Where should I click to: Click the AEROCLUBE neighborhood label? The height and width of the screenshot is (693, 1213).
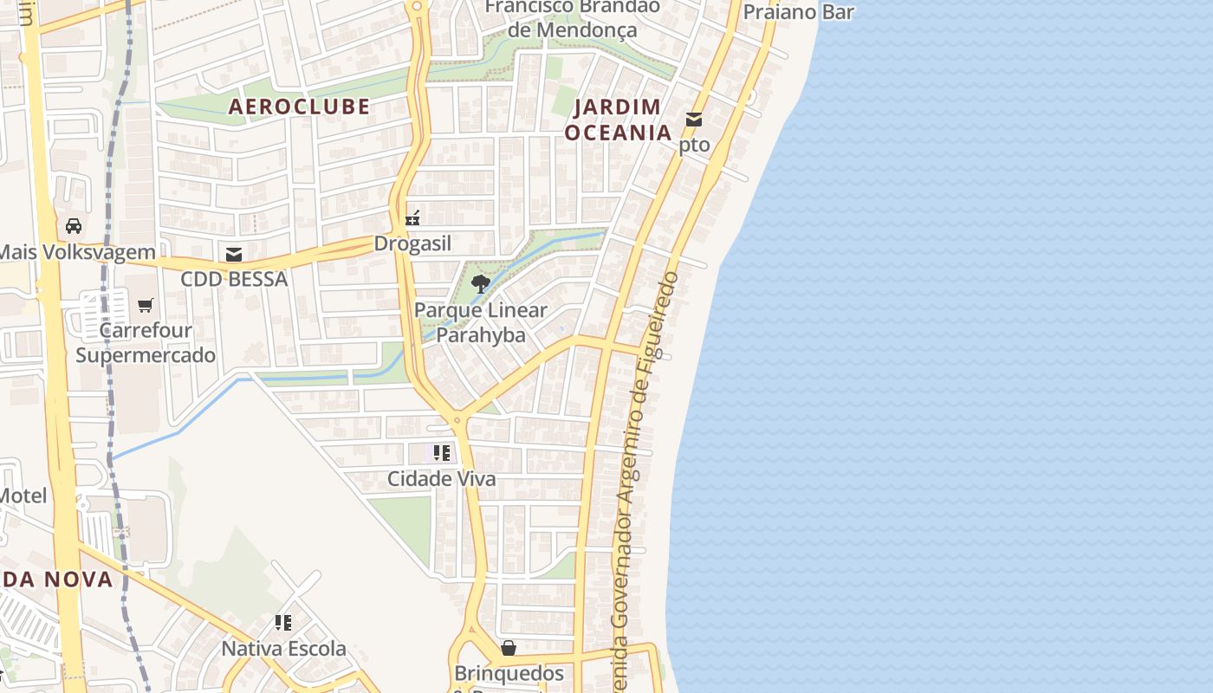pos(299,107)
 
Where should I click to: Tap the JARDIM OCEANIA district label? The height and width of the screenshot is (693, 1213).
pos(618,120)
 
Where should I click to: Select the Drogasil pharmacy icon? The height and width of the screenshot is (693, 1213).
pos(413,217)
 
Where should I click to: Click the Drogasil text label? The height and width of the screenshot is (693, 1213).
pos(412,243)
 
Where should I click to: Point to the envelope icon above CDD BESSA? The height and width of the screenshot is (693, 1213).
pos(234,254)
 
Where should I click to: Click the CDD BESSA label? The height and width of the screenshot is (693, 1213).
pos(234,280)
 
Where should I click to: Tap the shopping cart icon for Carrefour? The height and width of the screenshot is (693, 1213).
pos(146,305)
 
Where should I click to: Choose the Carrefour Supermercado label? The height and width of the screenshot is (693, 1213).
pos(146,343)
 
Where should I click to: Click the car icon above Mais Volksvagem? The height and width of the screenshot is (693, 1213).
pos(75,226)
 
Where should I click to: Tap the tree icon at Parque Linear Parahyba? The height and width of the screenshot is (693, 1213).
pos(480,283)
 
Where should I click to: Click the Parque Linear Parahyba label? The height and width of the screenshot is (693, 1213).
pos(481,322)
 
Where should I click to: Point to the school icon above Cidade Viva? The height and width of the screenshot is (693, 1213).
pos(442,452)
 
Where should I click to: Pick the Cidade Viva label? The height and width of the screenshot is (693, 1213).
pos(442,478)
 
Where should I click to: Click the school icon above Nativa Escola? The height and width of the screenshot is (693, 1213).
pos(283,622)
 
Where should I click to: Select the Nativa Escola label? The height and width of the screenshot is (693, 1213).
pos(283,648)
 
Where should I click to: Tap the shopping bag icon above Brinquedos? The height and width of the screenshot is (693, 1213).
pos(509,648)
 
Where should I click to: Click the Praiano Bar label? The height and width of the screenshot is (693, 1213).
pos(799,12)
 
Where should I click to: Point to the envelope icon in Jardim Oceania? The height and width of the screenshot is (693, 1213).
pos(694,120)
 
